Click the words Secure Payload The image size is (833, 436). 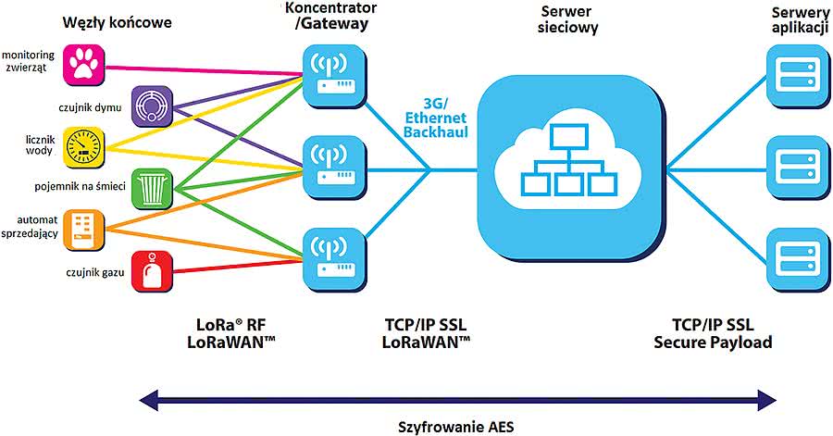713,343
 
